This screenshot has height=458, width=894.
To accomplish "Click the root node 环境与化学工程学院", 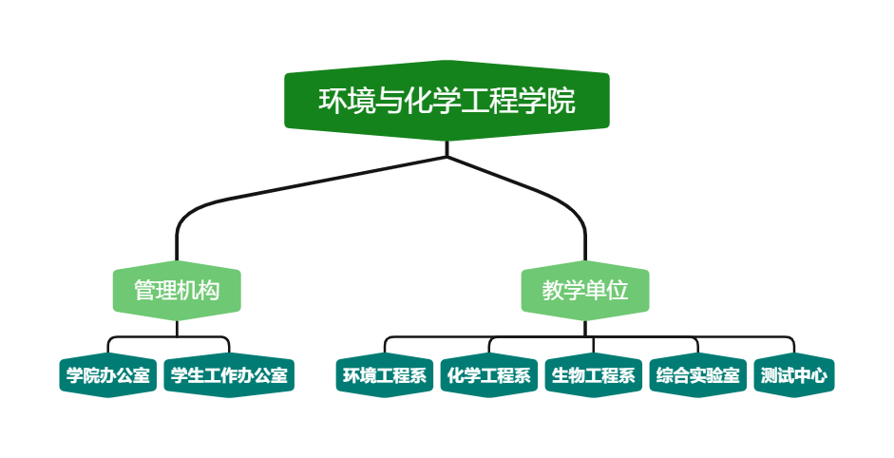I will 447,101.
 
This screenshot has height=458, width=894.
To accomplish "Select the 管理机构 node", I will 177,290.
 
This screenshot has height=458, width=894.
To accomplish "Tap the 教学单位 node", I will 585,290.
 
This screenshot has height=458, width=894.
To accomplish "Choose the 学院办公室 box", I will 108,375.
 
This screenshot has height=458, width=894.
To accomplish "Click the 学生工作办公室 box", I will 229,375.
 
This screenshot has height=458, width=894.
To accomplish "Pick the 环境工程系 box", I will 385,375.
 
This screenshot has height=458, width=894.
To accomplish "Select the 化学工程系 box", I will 489,375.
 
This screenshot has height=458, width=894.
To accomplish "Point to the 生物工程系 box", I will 594,375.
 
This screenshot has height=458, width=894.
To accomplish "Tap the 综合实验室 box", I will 698,375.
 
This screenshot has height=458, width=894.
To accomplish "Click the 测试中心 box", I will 794,375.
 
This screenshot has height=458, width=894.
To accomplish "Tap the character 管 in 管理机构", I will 144,290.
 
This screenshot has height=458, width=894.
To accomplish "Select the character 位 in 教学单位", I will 618,290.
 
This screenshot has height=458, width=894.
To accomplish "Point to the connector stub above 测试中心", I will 794,347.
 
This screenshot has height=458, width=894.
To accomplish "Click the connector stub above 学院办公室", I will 108,347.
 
